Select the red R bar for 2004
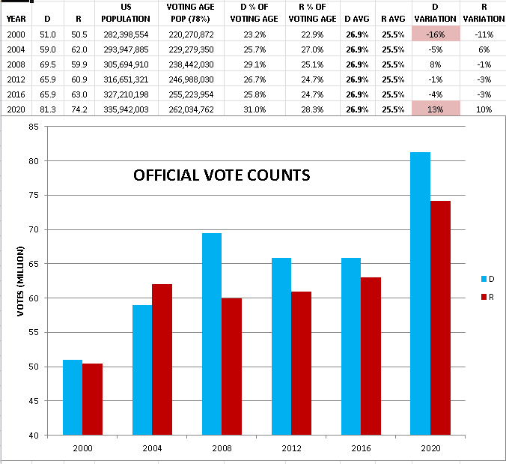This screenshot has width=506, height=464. coord(162,359)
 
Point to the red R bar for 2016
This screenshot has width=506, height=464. coord(371,356)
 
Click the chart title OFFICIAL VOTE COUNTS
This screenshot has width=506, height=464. coord(222,175)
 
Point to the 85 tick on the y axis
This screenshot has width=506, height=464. coord(33,127)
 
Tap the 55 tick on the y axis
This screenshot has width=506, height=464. coord(33,332)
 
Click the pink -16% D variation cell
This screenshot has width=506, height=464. coord(435,34)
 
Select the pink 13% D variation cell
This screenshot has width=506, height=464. coord(435,109)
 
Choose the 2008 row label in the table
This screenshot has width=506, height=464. coord(15,64)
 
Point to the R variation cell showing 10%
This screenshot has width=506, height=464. coord(484,109)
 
